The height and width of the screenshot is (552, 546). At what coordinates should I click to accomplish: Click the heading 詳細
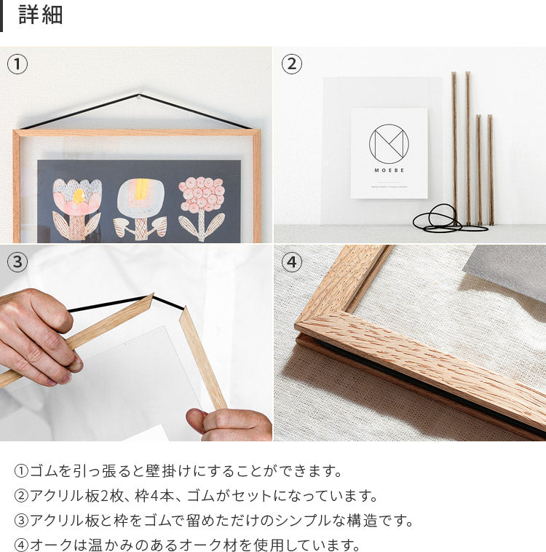tap(41, 15)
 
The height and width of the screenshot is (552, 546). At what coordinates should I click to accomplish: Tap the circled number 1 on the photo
tap(17, 64)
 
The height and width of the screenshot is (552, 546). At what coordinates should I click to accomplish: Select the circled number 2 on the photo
tap(291, 64)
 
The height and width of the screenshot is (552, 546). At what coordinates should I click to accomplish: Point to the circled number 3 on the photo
tap(17, 262)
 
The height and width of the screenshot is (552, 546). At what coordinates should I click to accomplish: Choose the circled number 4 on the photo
tap(291, 262)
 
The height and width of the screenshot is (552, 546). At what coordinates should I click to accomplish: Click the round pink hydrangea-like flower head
tap(202, 194)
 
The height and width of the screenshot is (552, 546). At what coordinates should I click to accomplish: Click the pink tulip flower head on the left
tap(77, 197)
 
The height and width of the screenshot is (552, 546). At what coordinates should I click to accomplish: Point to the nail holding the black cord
tap(139, 95)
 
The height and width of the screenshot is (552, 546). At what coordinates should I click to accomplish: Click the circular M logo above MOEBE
tap(389, 143)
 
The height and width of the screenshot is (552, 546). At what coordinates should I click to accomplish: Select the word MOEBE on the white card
tap(389, 170)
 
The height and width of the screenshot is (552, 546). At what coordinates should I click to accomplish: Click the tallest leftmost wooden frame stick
tap(454, 149)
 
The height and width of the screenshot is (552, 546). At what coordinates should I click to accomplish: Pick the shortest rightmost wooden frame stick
tap(491, 170)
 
